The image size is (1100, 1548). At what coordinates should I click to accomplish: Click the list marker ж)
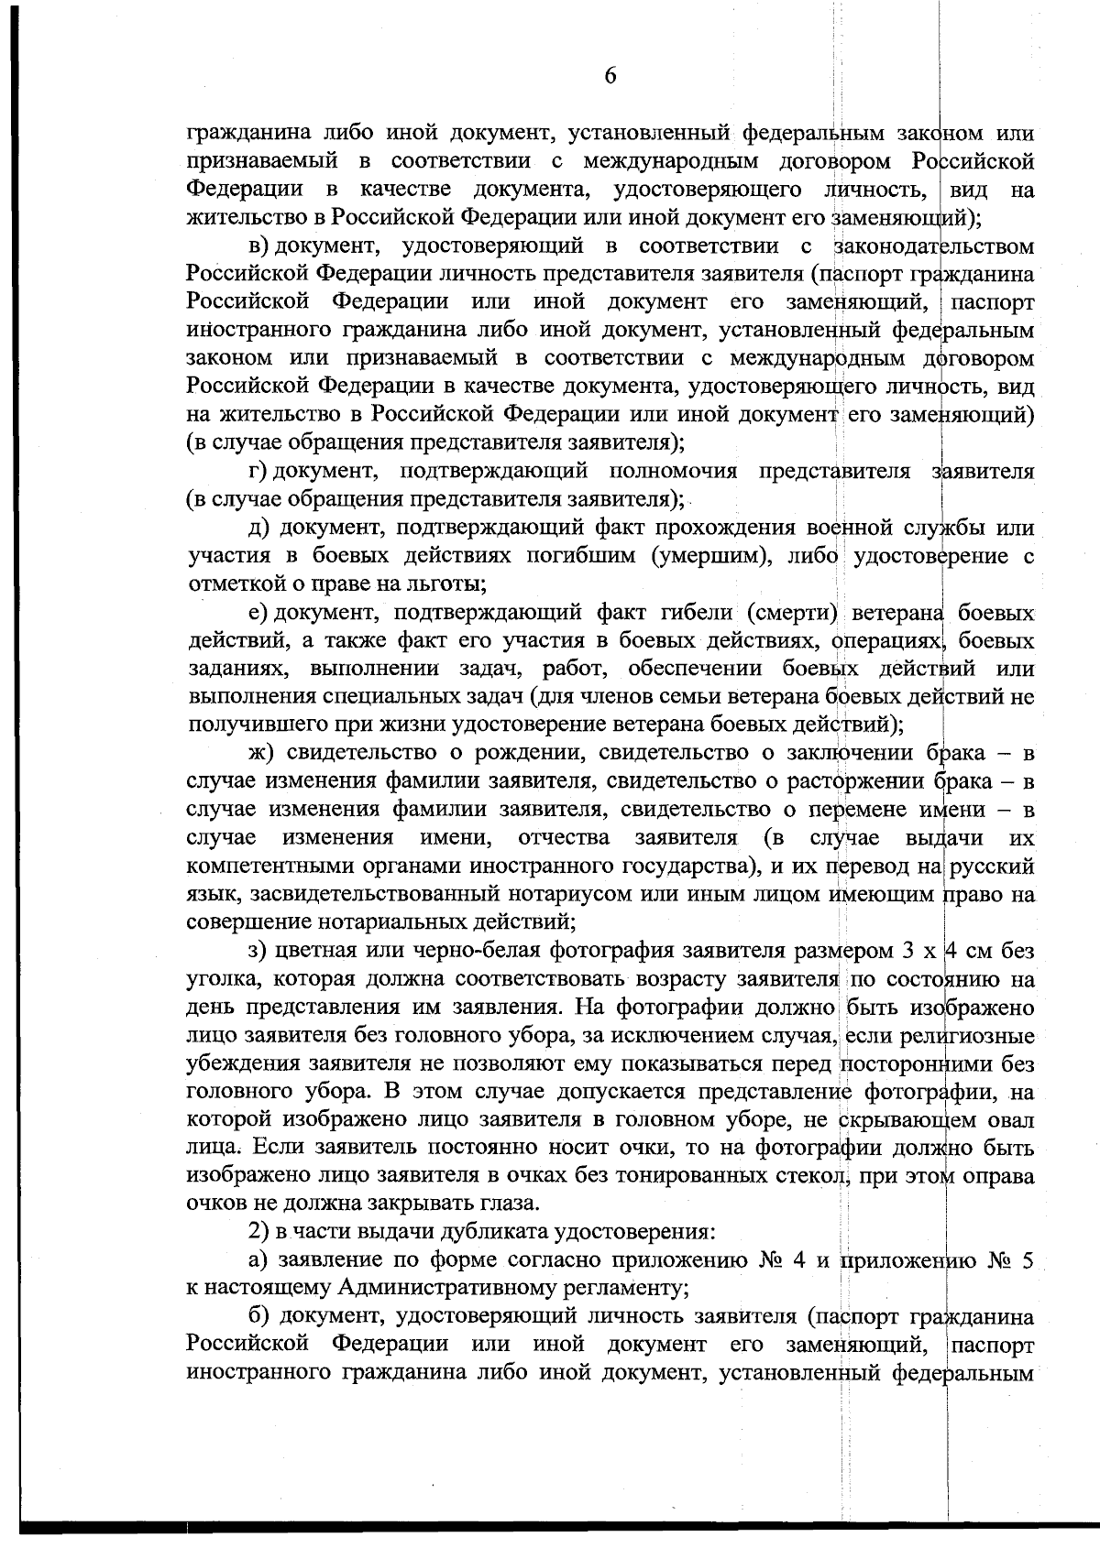tap(263, 754)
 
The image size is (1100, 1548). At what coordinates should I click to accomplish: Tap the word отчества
tap(564, 838)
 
